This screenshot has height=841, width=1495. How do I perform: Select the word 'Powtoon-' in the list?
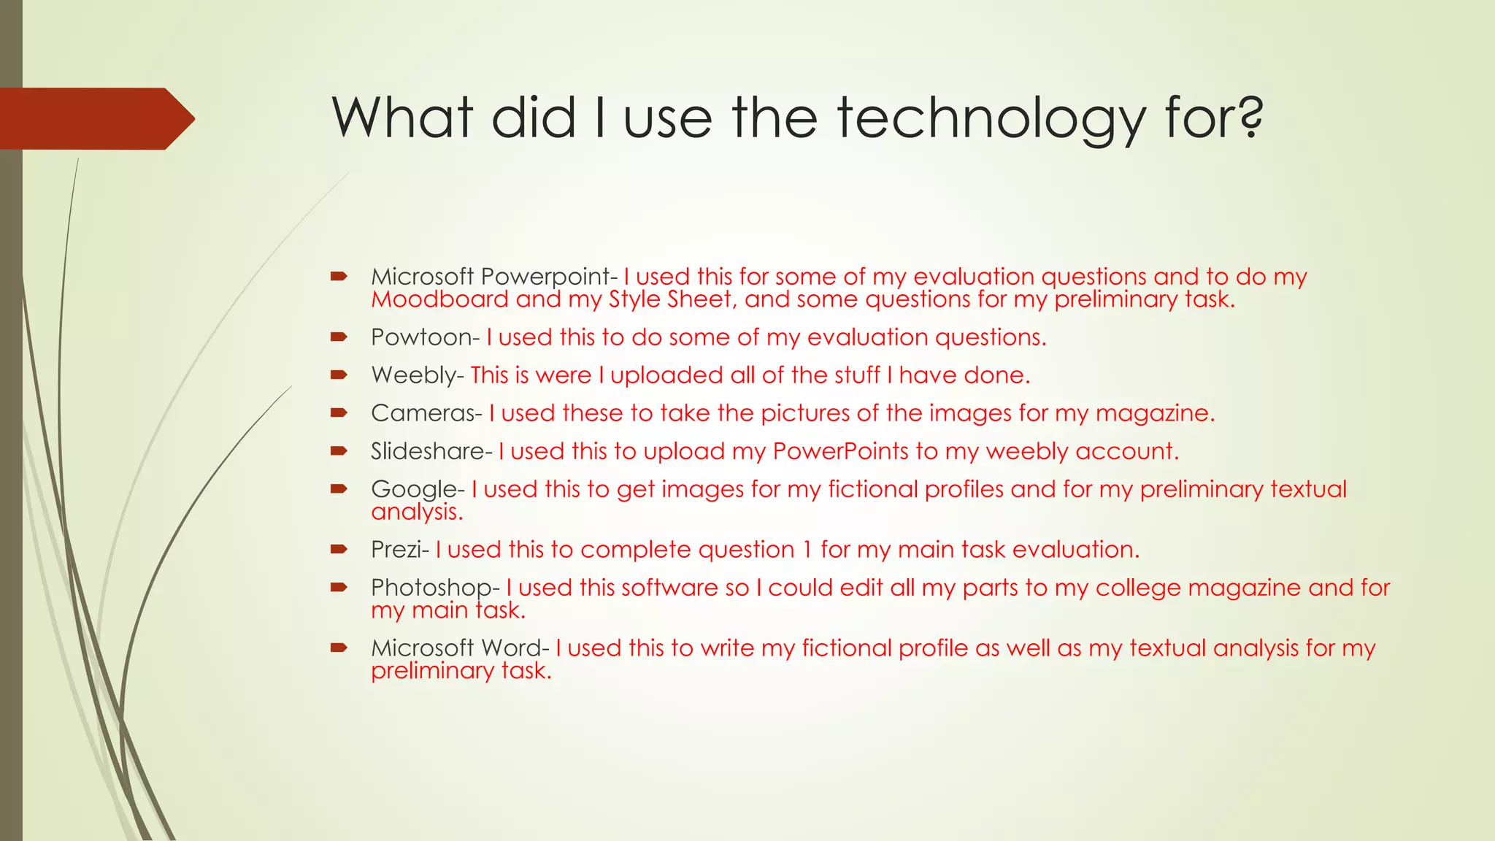click(425, 337)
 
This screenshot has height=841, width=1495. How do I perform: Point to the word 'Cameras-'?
click(426, 413)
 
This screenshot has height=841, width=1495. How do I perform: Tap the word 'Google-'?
click(418, 489)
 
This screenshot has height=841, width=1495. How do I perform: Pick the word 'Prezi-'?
click(400, 550)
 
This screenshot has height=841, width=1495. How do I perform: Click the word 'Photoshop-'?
click(435, 588)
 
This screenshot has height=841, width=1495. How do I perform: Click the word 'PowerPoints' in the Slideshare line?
click(841, 451)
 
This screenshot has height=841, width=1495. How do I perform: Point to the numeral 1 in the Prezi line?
click(807, 550)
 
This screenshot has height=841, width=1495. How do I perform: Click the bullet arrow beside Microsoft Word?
click(338, 648)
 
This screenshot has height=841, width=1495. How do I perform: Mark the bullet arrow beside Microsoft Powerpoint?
click(338, 276)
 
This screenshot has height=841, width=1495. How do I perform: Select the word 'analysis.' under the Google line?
click(417, 512)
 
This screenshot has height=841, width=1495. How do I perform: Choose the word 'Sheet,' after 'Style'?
click(699, 299)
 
